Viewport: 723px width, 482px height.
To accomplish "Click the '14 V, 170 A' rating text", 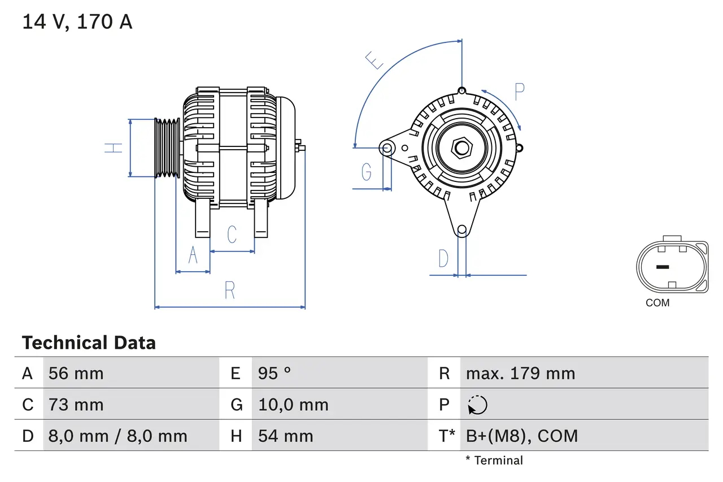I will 77,22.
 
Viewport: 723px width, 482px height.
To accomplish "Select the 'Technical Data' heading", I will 89,343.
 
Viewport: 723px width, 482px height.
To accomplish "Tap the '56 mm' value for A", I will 76,374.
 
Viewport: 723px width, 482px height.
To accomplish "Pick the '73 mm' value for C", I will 76,405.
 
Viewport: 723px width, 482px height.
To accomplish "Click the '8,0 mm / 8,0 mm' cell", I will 117,436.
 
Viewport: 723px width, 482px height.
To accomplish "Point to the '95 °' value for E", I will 275,374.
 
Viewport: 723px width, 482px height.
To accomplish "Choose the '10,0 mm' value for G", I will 293,405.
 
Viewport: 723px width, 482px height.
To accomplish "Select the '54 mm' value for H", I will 285,436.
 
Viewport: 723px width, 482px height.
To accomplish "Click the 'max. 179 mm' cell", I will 520,374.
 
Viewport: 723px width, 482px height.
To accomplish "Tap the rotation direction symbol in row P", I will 477,405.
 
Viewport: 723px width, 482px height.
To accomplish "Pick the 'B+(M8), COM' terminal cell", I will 521,436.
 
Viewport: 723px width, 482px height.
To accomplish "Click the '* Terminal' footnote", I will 494,461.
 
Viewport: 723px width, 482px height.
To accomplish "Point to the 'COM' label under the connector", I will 657,303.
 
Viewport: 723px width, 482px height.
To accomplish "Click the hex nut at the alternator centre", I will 462,148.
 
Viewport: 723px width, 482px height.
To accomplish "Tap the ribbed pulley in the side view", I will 167,148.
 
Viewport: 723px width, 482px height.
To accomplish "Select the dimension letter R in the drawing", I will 229,290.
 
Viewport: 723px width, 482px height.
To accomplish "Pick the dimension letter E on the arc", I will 374,60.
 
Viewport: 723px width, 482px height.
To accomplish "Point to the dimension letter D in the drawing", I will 443,259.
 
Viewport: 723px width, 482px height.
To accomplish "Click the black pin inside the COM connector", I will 662,267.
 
